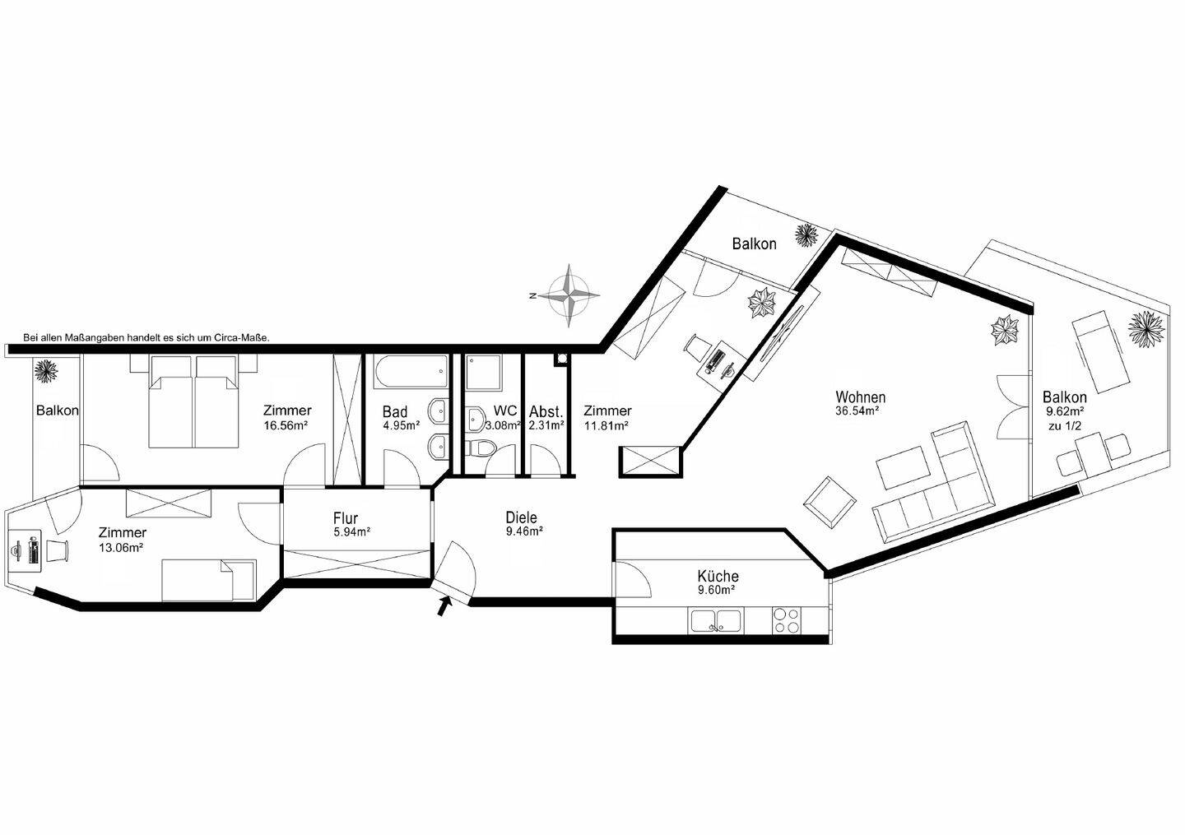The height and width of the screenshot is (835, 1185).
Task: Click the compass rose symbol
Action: coord(569,295)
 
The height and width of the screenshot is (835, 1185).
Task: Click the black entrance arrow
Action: coord(444,606)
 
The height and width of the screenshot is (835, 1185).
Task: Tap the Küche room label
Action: coord(718,577)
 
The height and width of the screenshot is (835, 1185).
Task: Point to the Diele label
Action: coord(521,517)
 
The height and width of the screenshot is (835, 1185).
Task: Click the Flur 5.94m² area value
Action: coord(352,532)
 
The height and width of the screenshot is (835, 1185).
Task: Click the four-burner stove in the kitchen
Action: coord(787,621)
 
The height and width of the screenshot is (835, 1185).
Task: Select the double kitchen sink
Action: coord(716,621)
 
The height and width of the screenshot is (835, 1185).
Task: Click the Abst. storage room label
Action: coord(546,412)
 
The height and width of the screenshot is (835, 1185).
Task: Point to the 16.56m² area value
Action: coord(286,425)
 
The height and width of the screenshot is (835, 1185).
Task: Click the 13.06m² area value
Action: coord(121,548)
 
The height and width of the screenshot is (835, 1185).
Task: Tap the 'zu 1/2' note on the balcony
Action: coord(1064,426)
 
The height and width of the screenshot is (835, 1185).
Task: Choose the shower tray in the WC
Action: coord(483,373)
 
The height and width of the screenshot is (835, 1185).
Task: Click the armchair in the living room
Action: coord(829,503)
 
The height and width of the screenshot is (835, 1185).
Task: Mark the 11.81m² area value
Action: coord(606,425)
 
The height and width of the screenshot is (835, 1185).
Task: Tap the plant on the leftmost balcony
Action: coord(47,370)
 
